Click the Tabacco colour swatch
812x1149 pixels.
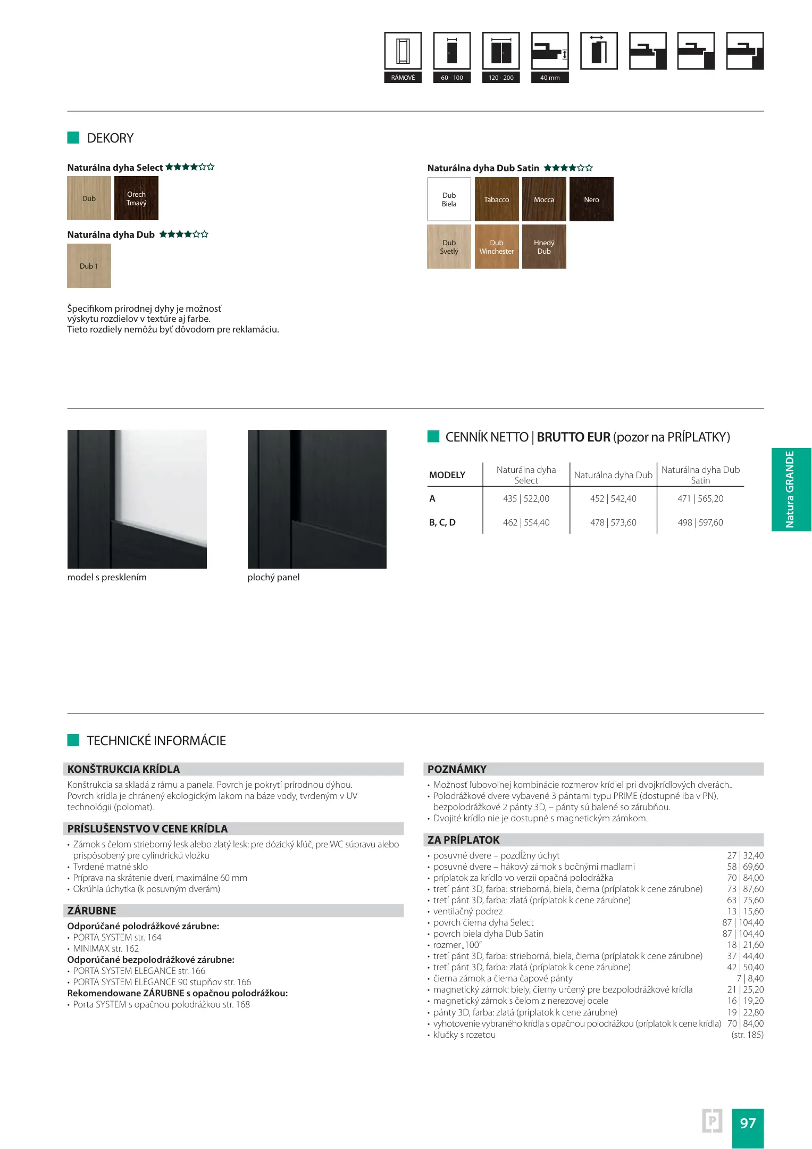496,199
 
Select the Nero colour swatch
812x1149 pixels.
591,199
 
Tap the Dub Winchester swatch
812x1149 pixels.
496,247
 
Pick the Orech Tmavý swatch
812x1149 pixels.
136,198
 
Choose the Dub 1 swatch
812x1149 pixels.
89,266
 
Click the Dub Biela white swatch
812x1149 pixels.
449,199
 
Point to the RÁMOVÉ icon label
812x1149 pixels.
403,78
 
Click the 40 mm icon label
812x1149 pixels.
550,78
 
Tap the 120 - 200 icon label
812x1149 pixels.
501,78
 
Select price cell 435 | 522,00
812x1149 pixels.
526,499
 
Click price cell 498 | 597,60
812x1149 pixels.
700,523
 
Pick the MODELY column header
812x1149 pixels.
447,475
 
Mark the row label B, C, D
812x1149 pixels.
442,523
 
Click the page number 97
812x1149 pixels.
748,1123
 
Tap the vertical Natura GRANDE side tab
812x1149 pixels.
791,489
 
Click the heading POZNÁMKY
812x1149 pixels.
457,769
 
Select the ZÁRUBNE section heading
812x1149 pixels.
91,911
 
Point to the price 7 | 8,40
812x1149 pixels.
750,979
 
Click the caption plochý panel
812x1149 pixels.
273,578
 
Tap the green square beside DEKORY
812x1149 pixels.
73,138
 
